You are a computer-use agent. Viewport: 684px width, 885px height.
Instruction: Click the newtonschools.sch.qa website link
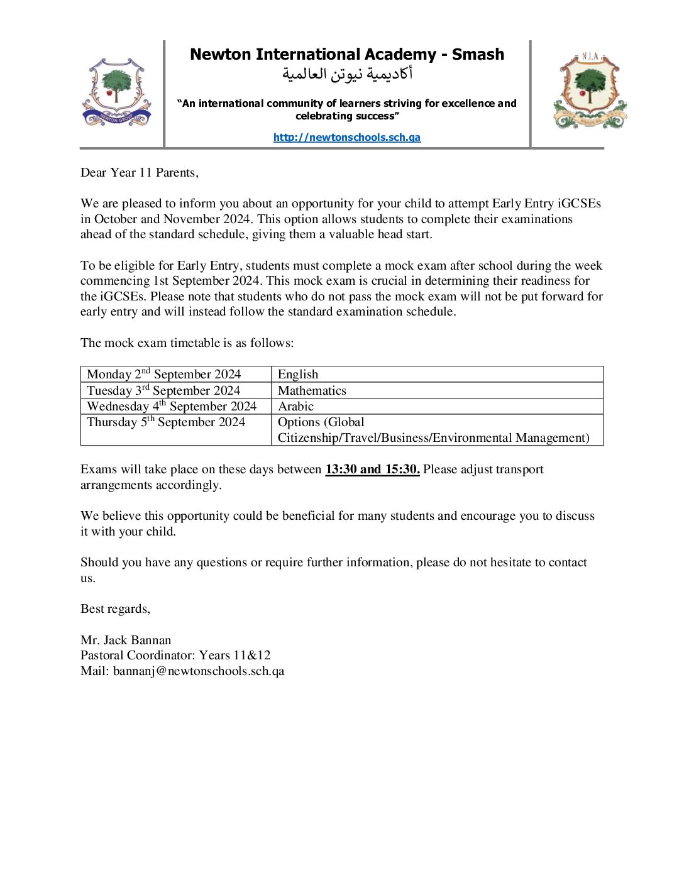[x=346, y=138]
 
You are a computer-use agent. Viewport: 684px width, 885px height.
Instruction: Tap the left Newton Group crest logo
[x=116, y=92]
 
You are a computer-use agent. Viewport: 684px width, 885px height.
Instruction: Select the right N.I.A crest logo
[x=590, y=92]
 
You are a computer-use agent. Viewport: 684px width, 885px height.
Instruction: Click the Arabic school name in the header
[x=347, y=74]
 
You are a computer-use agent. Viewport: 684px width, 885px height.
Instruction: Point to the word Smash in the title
[x=478, y=55]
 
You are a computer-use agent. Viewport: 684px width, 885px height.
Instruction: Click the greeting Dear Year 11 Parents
[x=140, y=173]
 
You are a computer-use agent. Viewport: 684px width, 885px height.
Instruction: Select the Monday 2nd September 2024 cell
[x=164, y=375]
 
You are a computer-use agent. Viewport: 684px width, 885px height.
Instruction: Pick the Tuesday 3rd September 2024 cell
[x=163, y=390]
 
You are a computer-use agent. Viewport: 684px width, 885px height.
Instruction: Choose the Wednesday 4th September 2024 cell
[x=172, y=406]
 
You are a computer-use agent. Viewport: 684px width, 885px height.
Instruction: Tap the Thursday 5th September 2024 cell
[x=166, y=422]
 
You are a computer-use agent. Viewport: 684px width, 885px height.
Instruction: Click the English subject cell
[x=298, y=375]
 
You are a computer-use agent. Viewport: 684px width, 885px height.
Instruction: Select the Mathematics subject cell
[x=312, y=390]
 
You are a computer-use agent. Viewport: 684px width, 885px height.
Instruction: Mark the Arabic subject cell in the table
[x=295, y=406]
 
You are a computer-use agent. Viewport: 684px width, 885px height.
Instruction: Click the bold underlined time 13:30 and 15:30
[x=372, y=470]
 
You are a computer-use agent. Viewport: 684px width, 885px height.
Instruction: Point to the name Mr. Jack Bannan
[x=126, y=640]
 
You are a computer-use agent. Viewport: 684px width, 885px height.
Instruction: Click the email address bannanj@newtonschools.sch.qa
[x=199, y=671]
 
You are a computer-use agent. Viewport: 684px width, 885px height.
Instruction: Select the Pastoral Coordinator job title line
[x=175, y=656]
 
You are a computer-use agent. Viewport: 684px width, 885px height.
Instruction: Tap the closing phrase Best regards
[x=115, y=609]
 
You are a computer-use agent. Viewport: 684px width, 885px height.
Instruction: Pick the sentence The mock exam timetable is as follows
[x=187, y=343]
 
